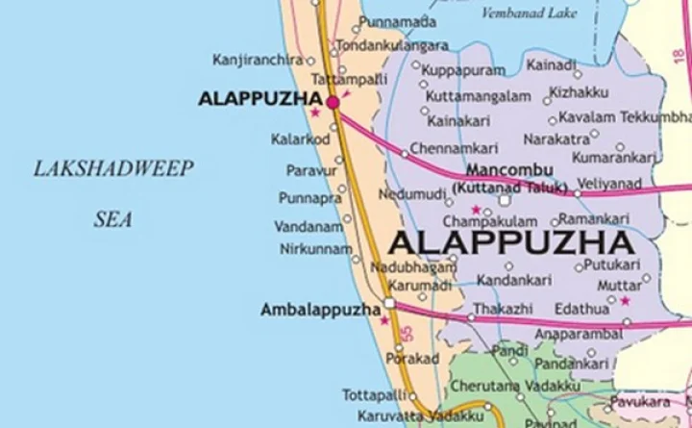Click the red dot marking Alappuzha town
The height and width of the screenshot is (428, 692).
click(333, 101)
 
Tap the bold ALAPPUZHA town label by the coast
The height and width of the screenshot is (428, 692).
click(258, 98)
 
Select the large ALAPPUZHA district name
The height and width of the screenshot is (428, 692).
click(513, 241)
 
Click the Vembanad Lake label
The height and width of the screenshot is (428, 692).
click(531, 13)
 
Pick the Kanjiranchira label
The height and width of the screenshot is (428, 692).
click(258, 60)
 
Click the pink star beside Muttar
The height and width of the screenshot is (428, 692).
click(625, 301)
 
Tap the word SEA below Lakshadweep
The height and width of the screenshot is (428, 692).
click(112, 219)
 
